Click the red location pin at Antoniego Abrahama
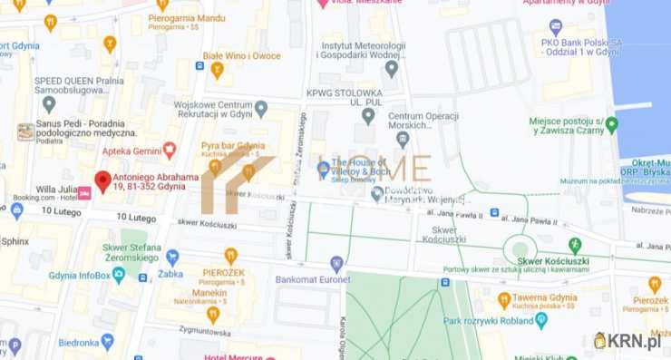(102, 180)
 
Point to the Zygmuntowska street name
(215, 332)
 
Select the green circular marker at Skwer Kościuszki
(520, 248)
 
